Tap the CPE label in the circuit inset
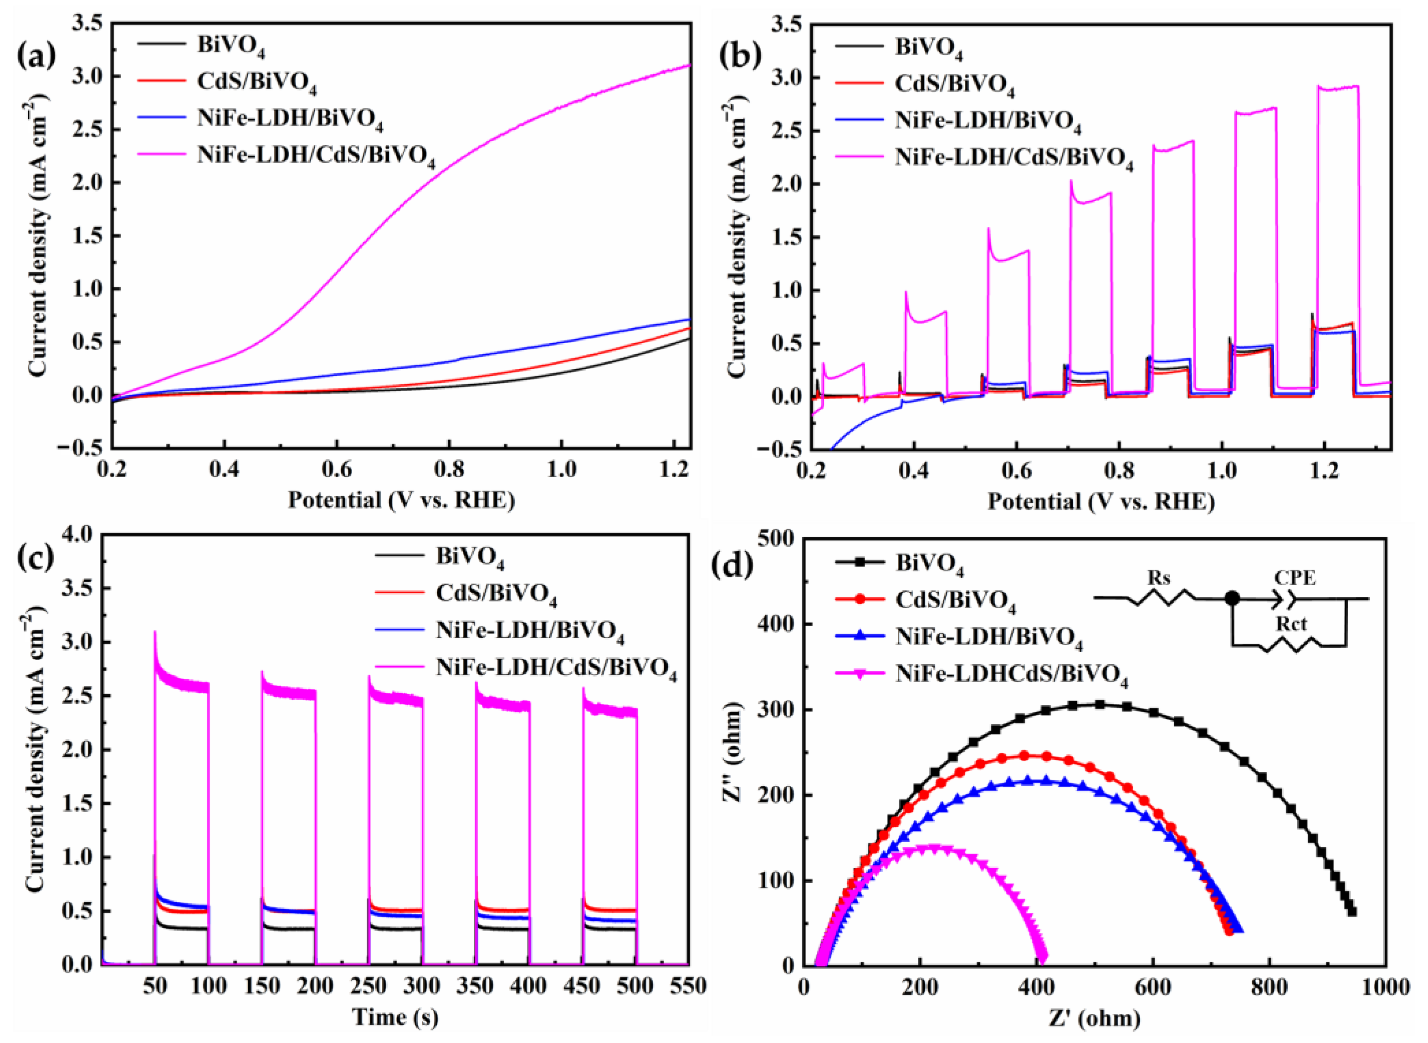(x=1295, y=578)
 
